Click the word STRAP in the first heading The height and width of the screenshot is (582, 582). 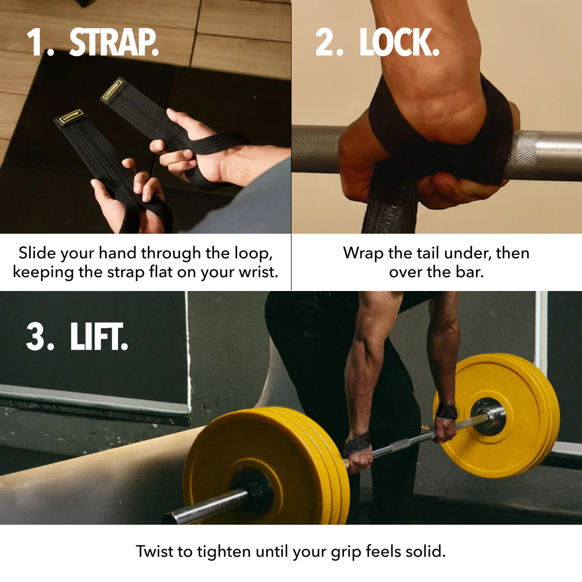click(x=114, y=43)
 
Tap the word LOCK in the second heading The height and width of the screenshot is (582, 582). click(x=399, y=43)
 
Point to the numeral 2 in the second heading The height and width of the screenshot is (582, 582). click(x=327, y=43)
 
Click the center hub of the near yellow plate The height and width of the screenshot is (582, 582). click(x=251, y=488)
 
